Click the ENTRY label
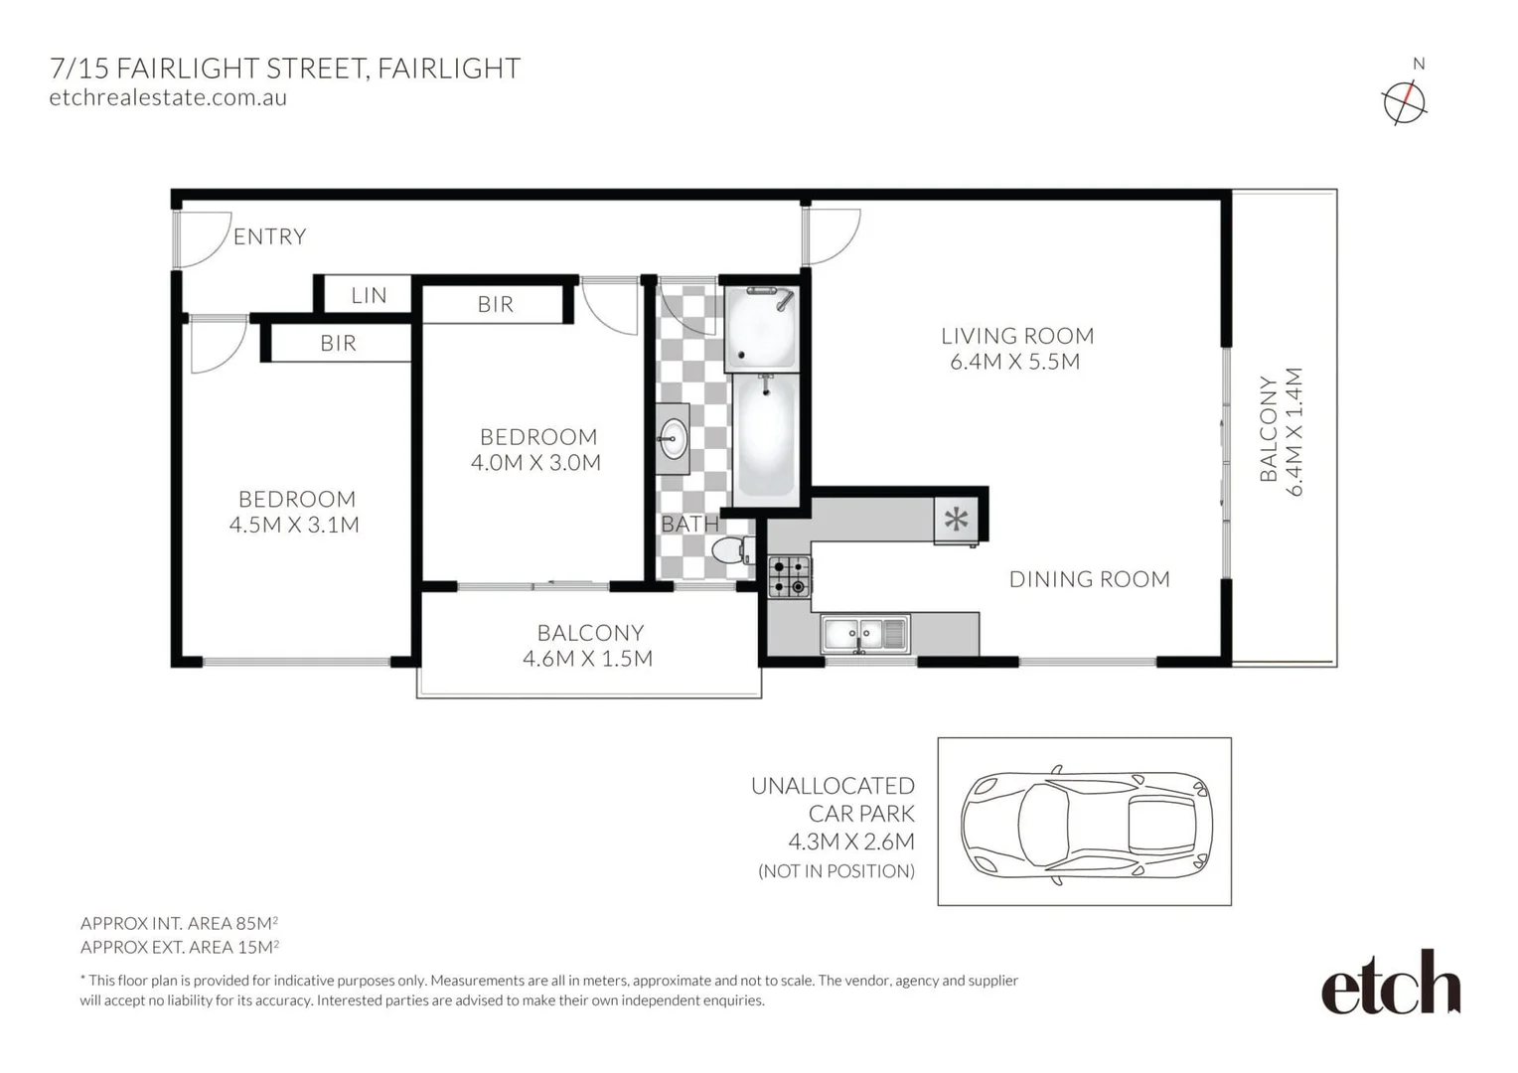(269, 236)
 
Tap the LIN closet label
(369, 295)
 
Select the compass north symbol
(1404, 101)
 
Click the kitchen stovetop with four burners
(790, 576)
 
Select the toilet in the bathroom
(733, 549)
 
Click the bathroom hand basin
(673, 434)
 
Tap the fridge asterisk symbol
(956, 519)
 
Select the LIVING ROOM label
(1016, 336)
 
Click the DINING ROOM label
(1089, 579)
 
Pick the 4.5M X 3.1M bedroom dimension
(294, 525)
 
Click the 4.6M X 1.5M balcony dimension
(587, 658)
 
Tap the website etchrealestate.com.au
(168, 97)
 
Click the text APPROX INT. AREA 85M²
(179, 923)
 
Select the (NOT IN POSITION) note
(836, 871)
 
